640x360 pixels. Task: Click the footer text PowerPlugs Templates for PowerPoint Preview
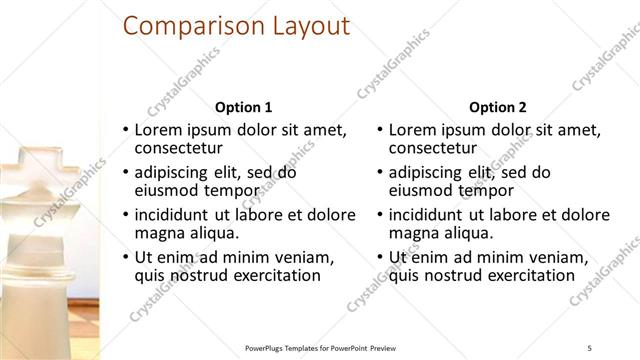point(329,347)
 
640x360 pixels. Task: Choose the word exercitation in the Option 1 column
point(274,276)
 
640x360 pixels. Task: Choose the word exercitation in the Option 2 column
point(528,276)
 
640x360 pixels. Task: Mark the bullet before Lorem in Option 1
point(125,130)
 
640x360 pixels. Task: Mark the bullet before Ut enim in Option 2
point(379,257)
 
